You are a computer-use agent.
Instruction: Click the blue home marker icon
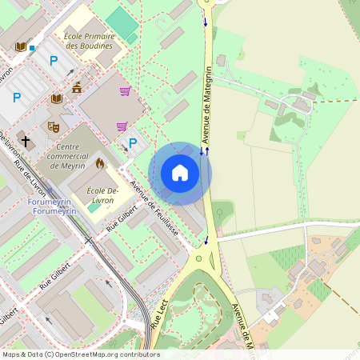(x=180, y=173)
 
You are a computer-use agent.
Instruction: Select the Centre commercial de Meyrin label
(x=78, y=150)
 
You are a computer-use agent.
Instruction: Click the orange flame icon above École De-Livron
(x=100, y=163)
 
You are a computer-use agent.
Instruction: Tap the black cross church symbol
(x=26, y=141)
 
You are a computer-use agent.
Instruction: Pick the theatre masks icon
(x=54, y=126)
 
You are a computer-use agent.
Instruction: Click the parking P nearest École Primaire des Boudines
(x=54, y=60)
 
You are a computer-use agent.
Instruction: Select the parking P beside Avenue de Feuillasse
(x=133, y=144)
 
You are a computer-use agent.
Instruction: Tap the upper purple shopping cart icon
(x=125, y=91)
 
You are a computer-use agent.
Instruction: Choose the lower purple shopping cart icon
(x=122, y=126)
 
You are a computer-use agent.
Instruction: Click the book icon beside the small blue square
(x=20, y=46)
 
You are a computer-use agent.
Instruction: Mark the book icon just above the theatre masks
(x=56, y=98)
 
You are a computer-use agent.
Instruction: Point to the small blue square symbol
(x=32, y=48)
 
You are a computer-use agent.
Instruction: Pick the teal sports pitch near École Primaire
(x=122, y=22)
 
